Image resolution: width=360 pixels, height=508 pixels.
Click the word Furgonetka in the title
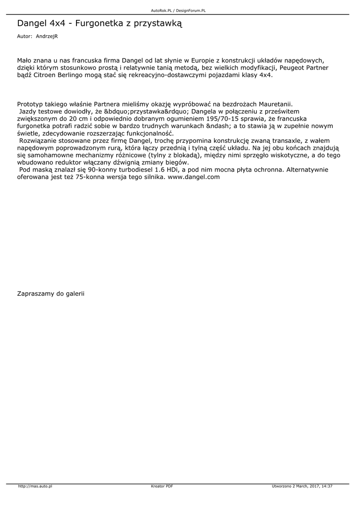(x=98, y=23)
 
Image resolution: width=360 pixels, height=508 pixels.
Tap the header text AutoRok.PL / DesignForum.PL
(x=178, y=10)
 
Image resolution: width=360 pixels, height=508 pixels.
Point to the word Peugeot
(x=294, y=67)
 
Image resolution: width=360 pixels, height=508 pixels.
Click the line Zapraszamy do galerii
(x=51, y=294)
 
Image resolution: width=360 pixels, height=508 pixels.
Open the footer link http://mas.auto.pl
(x=35, y=486)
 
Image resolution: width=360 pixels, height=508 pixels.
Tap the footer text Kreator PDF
(x=162, y=486)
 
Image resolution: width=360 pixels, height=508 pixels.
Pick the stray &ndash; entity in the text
(x=207, y=127)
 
